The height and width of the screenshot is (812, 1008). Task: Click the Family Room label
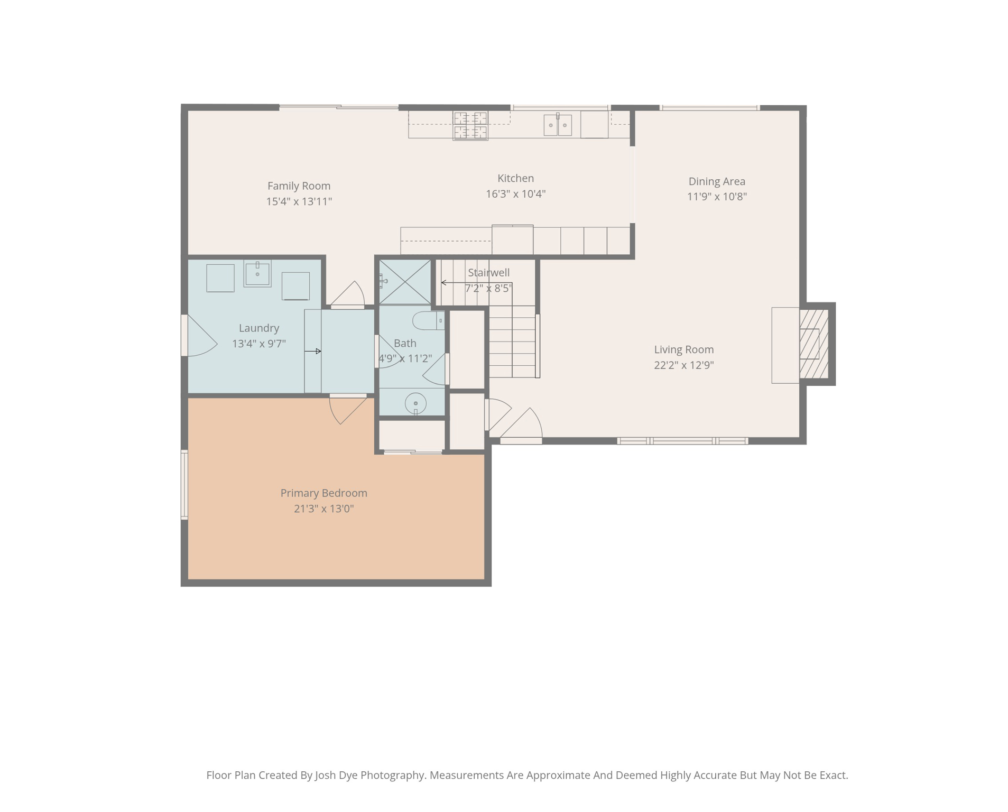point(299,186)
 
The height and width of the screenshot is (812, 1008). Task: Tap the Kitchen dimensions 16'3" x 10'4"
point(515,194)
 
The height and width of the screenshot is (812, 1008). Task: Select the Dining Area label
point(716,181)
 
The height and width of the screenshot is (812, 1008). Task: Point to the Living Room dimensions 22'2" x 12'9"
point(683,365)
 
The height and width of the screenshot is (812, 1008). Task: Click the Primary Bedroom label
point(323,493)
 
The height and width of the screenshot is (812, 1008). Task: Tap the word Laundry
point(258,328)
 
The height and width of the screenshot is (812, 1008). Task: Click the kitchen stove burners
point(470,125)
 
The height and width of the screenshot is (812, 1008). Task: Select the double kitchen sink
point(557,125)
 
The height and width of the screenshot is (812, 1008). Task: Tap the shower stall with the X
point(404,282)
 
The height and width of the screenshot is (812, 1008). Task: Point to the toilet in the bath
point(428,320)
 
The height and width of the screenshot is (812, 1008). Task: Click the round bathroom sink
point(415,403)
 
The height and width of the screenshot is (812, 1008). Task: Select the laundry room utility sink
point(257,273)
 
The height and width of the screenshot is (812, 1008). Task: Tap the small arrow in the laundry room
point(313,351)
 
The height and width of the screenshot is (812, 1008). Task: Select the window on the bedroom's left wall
point(184,484)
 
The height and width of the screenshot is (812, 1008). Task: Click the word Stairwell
point(488,273)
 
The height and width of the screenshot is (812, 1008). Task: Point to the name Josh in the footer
point(325,776)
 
